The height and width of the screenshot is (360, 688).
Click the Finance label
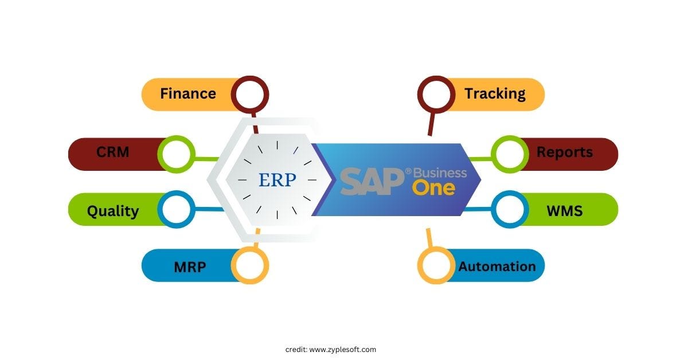tap(188, 93)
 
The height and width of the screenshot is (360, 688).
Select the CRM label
tap(113, 152)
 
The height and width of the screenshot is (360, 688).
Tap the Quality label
tap(113, 211)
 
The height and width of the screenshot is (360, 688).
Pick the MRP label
tap(190, 267)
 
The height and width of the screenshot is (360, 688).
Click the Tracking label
tap(495, 93)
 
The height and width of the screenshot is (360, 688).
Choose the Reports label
tap(564, 152)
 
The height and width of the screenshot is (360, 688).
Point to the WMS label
tap(564, 211)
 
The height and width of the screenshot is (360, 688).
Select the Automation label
tap(497, 266)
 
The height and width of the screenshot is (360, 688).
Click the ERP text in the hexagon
tap(277, 180)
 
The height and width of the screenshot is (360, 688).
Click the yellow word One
tap(433, 188)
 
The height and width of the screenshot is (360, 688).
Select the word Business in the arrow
tap(440, 173)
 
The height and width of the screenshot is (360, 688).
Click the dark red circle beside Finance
tap(250, 93)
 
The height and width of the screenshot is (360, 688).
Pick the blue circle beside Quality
tap(176, 210)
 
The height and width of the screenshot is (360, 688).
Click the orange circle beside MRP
tap(250, 265)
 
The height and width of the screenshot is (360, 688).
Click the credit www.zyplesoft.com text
tap(331, 349)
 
